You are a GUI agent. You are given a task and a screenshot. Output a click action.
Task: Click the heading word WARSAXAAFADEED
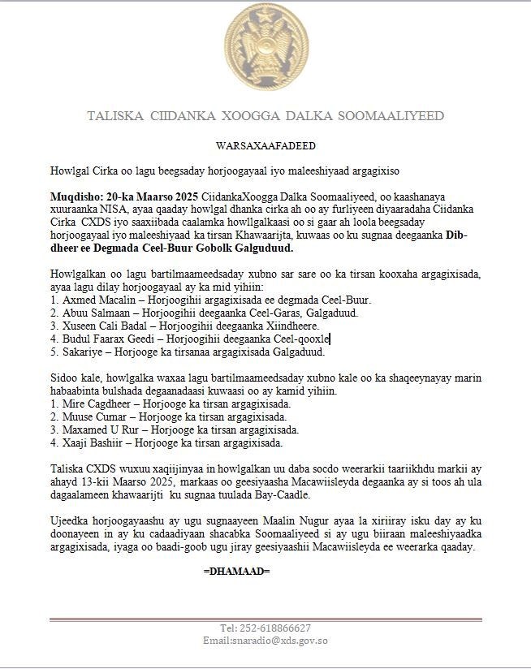[265, 146]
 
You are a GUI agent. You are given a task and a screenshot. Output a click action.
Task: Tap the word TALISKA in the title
[114, 116]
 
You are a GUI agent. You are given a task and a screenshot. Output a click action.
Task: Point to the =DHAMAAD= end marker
[236, 571]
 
